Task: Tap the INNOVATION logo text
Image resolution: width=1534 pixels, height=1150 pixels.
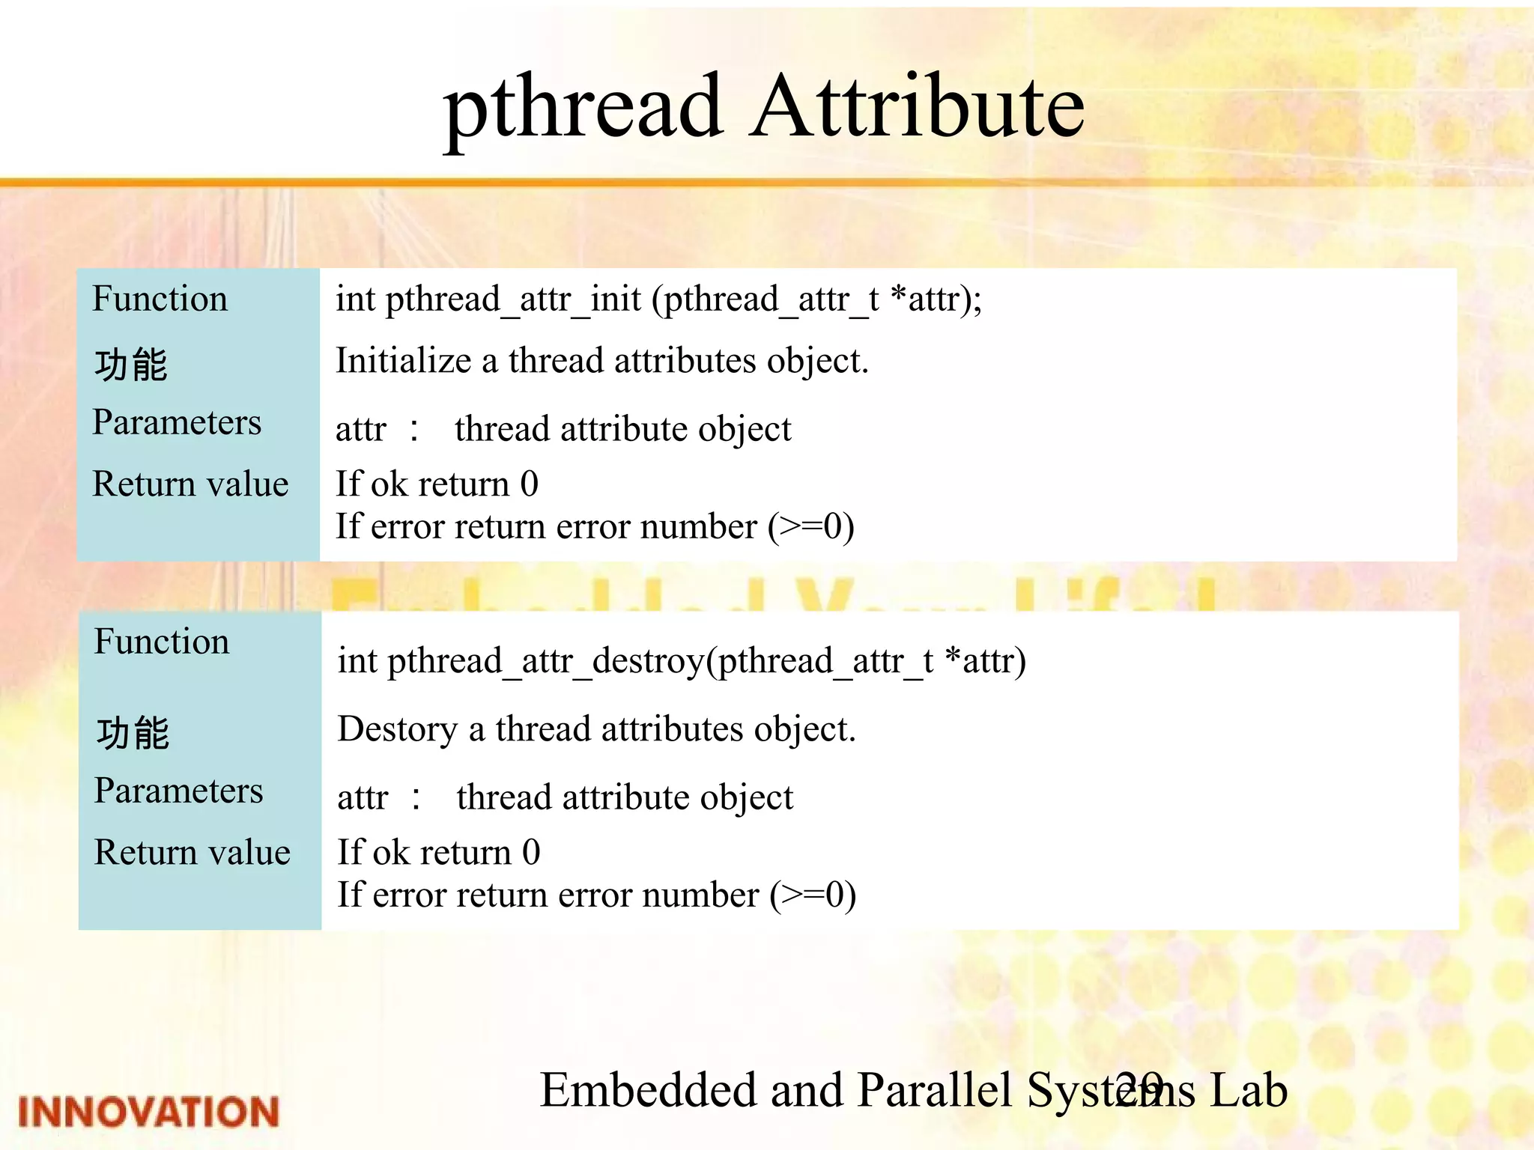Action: tap(148, 1112)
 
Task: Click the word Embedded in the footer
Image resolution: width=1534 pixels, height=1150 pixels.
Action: tap(649, 1090)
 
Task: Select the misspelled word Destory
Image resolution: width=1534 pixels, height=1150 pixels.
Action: tap(397, 730)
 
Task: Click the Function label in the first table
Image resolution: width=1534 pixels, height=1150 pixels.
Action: tap(160, 299)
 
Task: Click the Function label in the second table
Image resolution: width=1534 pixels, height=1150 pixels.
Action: tap(162, 642)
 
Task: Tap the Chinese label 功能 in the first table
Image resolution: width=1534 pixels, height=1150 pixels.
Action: tap(131, 365)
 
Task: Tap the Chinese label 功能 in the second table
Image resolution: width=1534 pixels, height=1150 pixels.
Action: tap(133, 733)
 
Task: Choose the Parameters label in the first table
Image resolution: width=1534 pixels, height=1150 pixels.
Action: tap(177, 422)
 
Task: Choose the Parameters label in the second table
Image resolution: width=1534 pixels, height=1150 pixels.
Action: tap(178, 791)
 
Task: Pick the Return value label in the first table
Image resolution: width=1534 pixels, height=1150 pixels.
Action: tap(190, 484)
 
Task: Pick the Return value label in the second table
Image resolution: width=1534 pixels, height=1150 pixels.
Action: tap(192, 853)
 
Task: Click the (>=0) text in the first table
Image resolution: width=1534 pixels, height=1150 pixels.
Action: tap(811, 527)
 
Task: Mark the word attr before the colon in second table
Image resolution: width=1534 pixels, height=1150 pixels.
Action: tap(363, 798)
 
